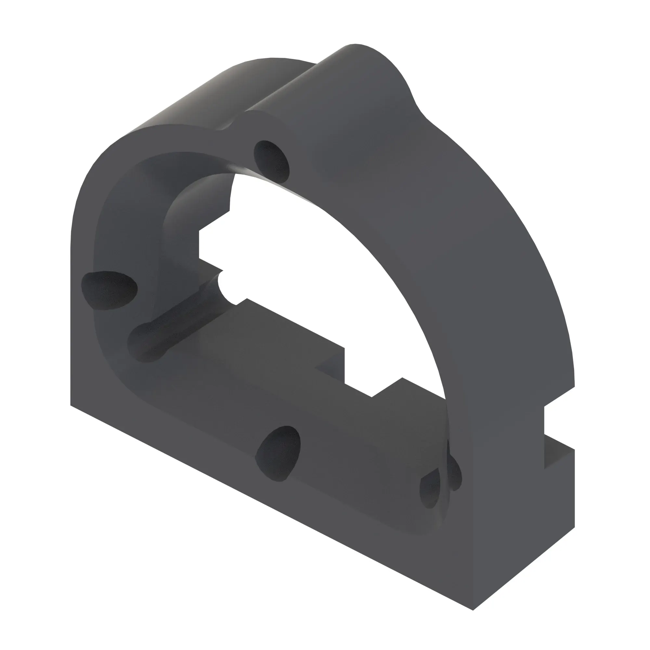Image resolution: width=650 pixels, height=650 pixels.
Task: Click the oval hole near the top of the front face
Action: (271, 162)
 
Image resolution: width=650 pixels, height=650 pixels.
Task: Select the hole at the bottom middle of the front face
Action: (279, 453)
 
